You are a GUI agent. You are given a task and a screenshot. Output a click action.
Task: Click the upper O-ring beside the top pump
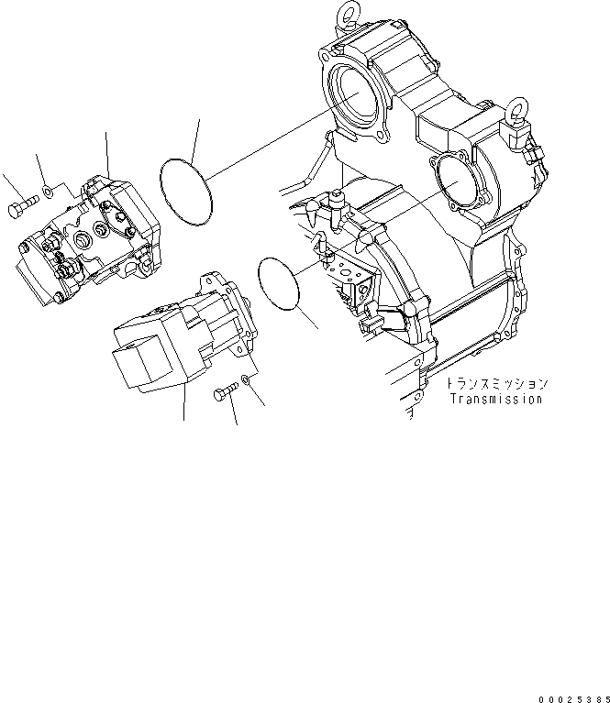[x=161, y=173]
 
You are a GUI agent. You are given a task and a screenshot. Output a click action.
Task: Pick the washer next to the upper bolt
[x=46, y=194]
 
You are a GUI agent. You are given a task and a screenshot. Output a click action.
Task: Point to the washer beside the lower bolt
[x=247, y=379]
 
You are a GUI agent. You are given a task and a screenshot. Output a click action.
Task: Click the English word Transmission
[x=495, y=399]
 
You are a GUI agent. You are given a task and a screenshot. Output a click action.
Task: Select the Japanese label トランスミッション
[x=495, y=383]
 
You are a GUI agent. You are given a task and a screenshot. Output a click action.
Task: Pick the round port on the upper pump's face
[x=80, y=242]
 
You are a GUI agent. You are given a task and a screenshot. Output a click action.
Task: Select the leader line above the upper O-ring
[x=195, y=137]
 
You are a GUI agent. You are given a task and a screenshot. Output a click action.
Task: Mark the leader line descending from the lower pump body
[x=183, y=404]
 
